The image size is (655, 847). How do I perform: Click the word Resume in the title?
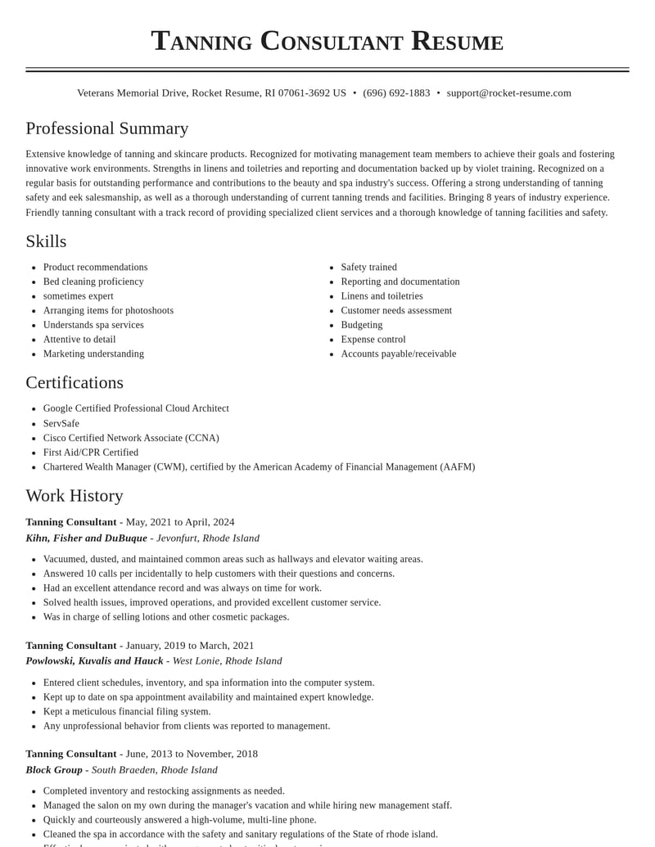click(457, 41)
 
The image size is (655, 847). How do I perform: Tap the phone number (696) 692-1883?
click(396, 93)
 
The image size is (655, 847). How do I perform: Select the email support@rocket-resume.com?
click(508, 93)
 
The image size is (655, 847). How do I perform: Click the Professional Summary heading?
click(107, 128)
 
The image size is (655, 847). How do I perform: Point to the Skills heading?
click(46, 241)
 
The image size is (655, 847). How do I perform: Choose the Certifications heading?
click(75, 382)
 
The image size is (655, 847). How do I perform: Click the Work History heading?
click(75, 495)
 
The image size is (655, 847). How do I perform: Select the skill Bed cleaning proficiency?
click(93, 282)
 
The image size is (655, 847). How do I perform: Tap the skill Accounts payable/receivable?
click(398, 354)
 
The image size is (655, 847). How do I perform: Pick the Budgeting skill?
click(361, 325)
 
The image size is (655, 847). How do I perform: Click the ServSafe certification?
click(61, 423)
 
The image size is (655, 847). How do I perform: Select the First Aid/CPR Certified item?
click(91, 453)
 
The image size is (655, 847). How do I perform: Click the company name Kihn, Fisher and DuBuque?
click(86, 538)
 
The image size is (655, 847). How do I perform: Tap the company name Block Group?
click(54, 769)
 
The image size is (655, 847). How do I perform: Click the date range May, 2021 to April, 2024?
click(180, 522)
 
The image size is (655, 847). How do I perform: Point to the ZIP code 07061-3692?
click(304, 93)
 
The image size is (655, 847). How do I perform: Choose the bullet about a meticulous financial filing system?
click(127, 711)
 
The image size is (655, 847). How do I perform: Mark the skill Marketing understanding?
click(93, 354)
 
